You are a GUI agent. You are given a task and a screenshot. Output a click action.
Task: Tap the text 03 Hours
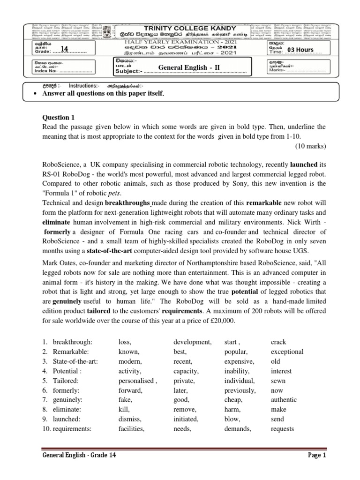(300, 50)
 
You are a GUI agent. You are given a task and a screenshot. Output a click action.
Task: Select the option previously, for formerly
(240, 390)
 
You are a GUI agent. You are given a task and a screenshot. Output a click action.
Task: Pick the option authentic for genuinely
(284, 400)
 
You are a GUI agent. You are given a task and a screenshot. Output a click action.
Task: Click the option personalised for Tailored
(137, 381)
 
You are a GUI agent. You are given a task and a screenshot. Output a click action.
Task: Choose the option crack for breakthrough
(278, 342)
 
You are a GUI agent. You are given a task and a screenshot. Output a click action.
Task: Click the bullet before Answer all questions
(36, 94)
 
